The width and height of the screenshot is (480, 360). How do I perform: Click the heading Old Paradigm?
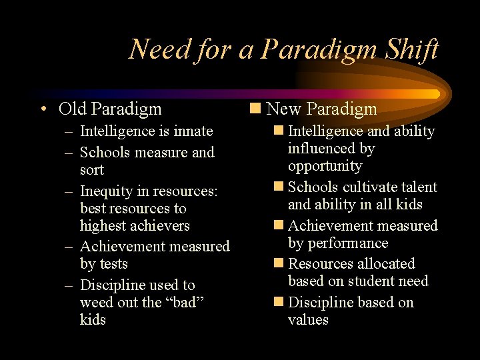(110, 109)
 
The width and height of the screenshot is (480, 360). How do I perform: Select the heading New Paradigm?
(321, 109)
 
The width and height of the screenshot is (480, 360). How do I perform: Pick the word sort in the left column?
(92, 170)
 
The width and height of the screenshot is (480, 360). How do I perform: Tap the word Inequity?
(109, 191)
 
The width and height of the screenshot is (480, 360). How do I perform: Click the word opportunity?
(325, 166)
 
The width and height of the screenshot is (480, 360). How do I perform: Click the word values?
(308, 320)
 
